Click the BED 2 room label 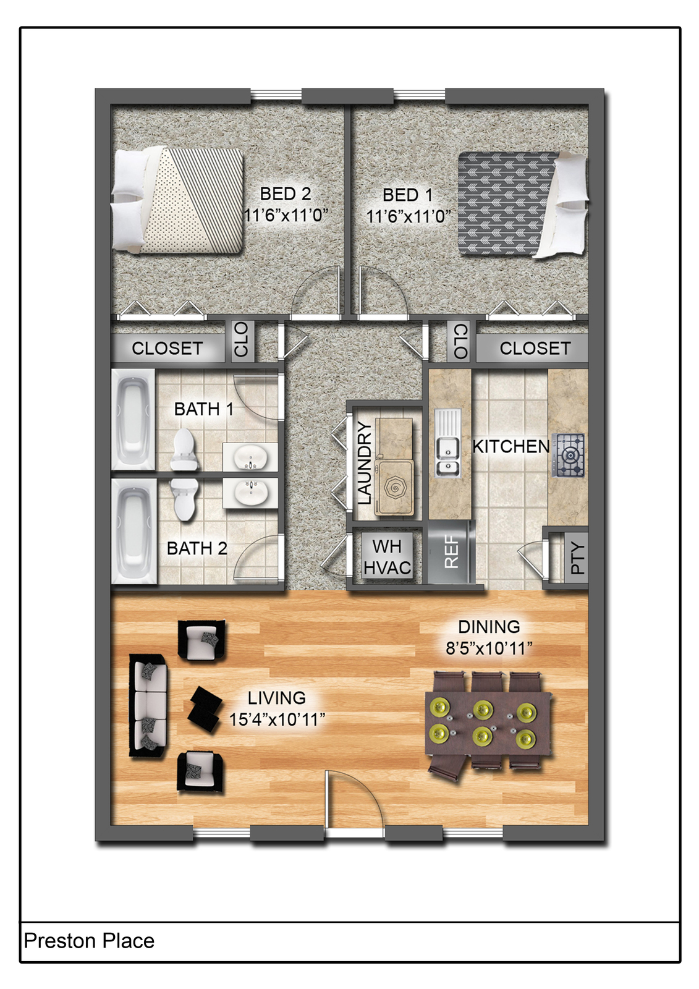tap(285, 193)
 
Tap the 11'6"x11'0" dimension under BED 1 tap(408, 216)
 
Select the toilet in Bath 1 tap(184, 450)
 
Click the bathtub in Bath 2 tap(133, 530)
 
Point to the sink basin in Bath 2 tap(252, 493)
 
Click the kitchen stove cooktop tap(569, 456)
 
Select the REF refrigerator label tap(452, 552)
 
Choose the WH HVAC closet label tap(387, 557)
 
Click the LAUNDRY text tap(365, 463)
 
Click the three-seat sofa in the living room tap(148, 705)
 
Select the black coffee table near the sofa tap(205, 708)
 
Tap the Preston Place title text tap(89, 941)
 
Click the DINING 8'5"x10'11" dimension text tap(489, 648)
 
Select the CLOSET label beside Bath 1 tap(167, 348)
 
